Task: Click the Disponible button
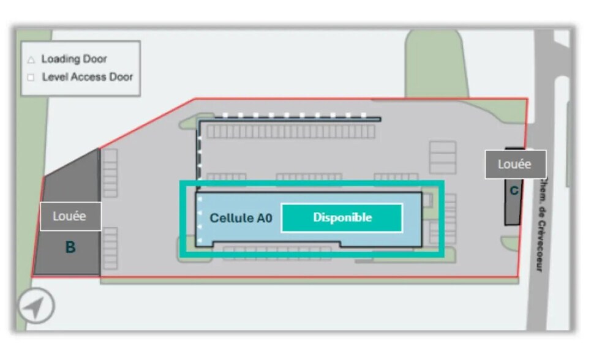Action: point(342,217)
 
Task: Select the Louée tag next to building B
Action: point(70,216)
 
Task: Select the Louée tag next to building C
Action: point(515,164)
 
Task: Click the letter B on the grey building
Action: point(70,248)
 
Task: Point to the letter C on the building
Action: point(514,191)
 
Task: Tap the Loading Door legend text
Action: point(74,59)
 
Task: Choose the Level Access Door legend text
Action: point(87,77)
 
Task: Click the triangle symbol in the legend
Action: point(31,60)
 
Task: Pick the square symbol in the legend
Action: point(31,78)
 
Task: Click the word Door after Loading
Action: point(96,59)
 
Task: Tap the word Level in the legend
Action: point(54,77)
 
